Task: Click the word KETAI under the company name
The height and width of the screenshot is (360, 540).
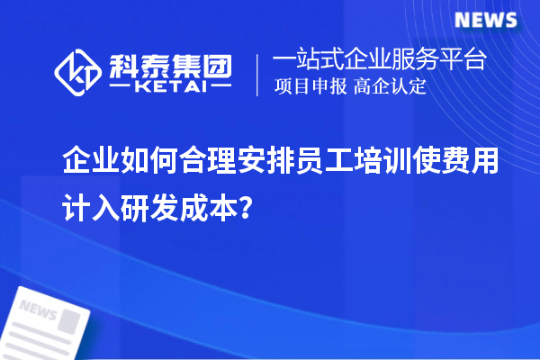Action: (170, 87)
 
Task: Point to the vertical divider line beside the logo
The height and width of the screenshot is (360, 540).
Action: (259, 74)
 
